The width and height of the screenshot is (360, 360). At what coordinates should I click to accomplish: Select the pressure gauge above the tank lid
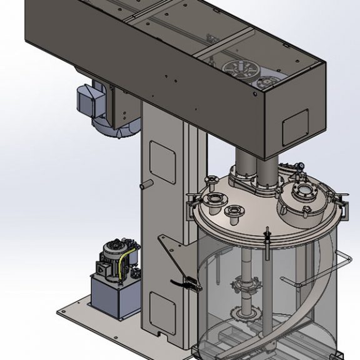tap(299, 166)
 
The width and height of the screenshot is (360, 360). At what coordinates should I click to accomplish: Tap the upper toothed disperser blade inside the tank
tap(249, 287)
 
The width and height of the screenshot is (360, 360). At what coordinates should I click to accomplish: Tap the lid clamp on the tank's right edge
tap(341, 200)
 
